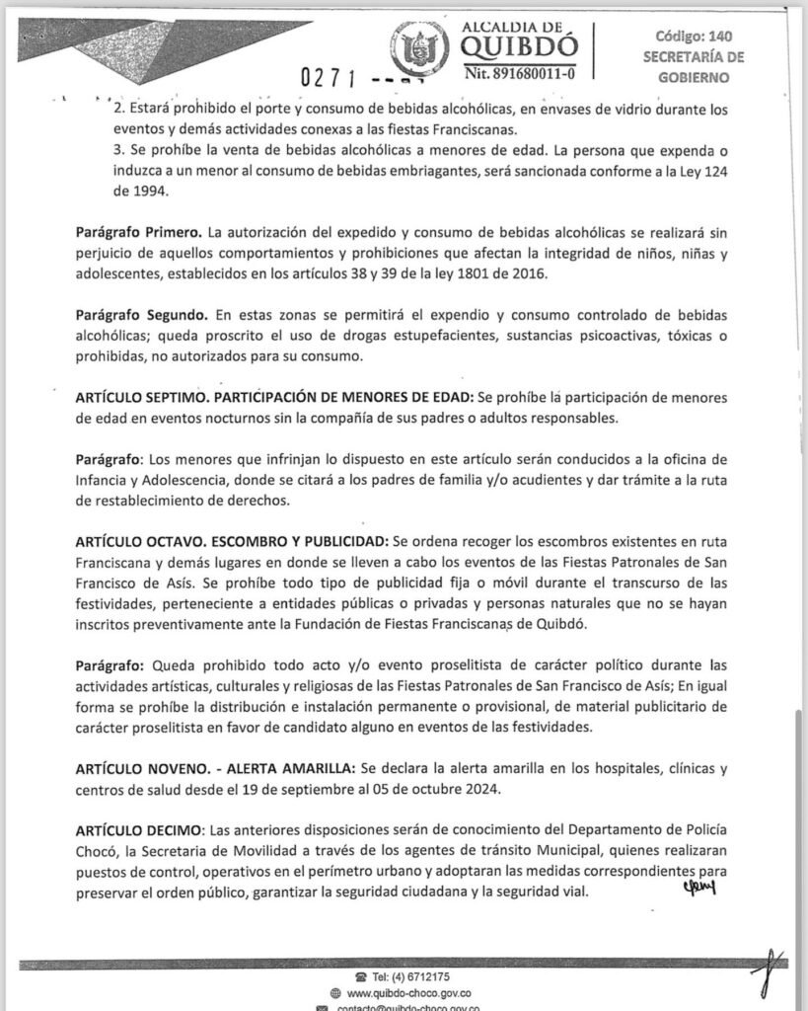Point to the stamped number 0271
point(330,77)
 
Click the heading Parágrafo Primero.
point(138,233)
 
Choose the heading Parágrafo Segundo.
point(141,315)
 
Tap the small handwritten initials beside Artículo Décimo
point(698,886)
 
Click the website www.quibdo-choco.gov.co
point(407,993)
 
